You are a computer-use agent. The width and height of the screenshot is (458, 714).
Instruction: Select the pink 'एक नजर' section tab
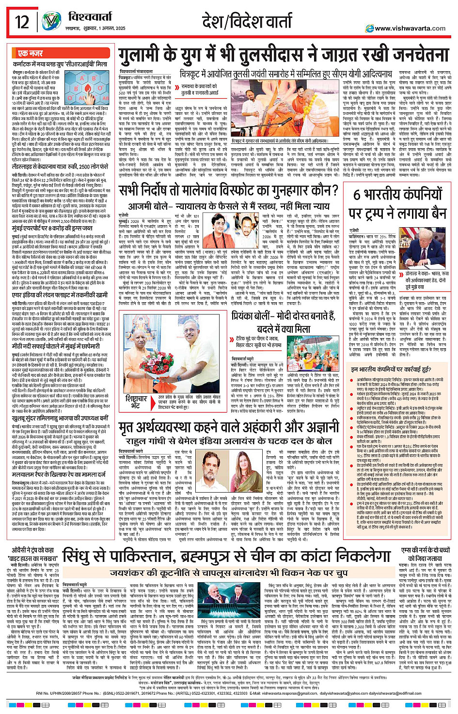point(31,53)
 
